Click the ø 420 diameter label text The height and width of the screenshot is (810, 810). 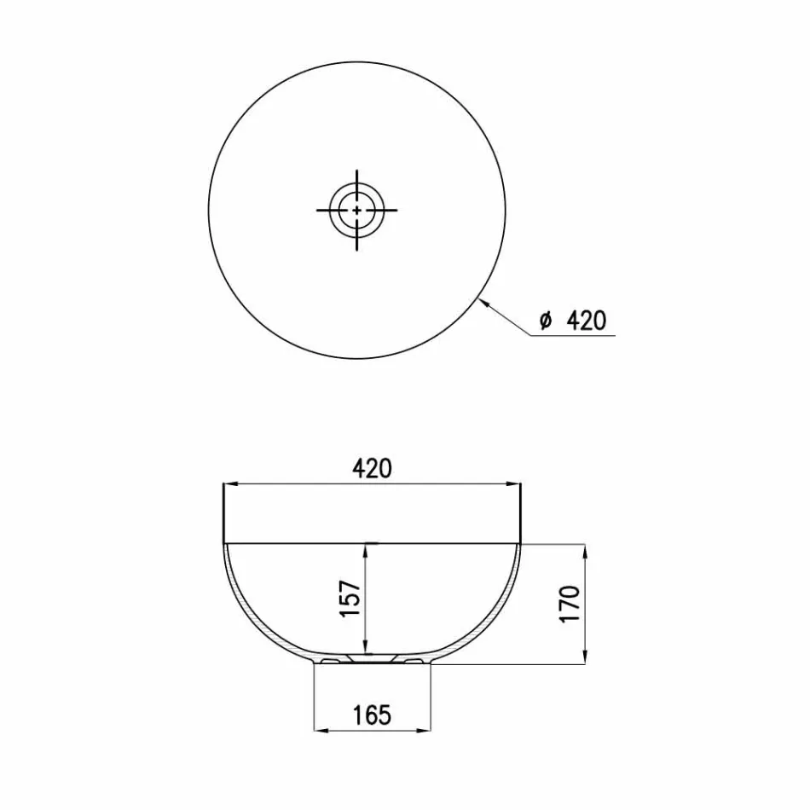(x=573, y=321)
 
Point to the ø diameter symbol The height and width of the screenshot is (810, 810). (x=546, y=321)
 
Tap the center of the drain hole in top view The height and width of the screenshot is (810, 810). (x=356, y=209)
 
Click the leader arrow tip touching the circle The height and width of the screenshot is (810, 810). (x=482, y=298)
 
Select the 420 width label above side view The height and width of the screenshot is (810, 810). (x=371, y=468)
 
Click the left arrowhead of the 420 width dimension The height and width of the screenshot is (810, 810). (x=227, y=485)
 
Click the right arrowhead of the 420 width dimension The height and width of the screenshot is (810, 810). (x=516, y=485)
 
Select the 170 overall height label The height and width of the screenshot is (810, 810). (x=570, y=603)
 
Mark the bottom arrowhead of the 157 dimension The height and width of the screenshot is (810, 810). (x=366, y=648)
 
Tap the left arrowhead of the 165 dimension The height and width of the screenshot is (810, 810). (x=319, y=730)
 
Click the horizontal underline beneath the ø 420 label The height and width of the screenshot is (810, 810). (x=571, y=336)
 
